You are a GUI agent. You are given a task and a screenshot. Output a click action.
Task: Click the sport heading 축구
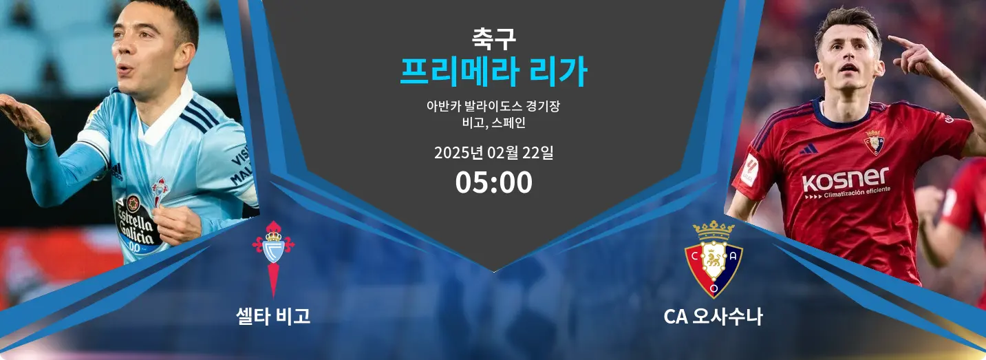pyautogui.click(x=493, y=39)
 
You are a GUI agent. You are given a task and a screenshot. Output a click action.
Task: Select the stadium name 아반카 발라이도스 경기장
pyautogui.click(x=493, y=106)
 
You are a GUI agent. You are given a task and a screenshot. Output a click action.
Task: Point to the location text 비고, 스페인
pyautogui.click(x=493, y=123)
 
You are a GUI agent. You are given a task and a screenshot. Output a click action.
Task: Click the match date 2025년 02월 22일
pyautogui.click(x=493, y=153)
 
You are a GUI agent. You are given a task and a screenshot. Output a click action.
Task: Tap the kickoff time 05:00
pyautogui.click(x=493, y=182)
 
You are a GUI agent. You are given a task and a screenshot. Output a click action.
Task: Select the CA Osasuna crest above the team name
pyautogui.click(x=714, y=260)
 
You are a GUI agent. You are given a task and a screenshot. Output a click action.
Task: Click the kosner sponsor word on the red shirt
pyautogui.click(x=845, y=180)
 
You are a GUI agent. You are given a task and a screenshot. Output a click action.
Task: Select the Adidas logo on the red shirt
pyautogui.click(x=809, y=149)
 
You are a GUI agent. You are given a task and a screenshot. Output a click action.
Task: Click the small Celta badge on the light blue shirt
pyautogui.click(x=160, y=191)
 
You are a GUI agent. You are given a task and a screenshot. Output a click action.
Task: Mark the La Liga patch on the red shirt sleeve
pyautogui.click(x=750, y=170)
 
